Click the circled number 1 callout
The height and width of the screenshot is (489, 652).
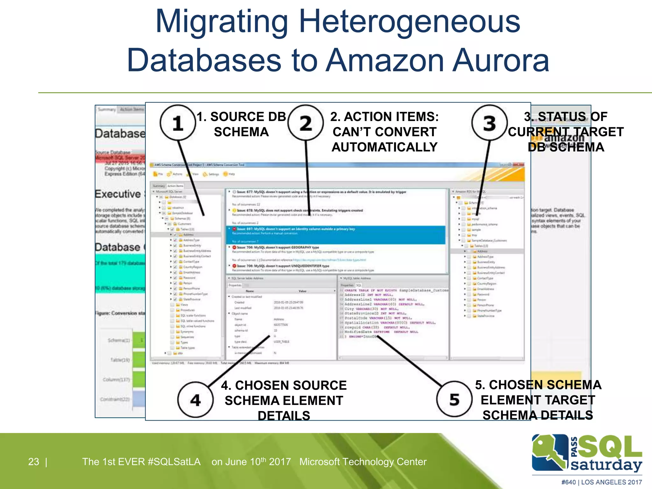pos(178,123)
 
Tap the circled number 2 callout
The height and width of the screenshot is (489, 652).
pos(305,123)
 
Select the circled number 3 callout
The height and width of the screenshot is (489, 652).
pos(489,123)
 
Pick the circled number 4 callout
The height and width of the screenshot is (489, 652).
pos(195,400)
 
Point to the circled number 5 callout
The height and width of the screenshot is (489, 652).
pos(454,399)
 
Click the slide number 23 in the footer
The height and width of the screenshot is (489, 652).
pos(33,462)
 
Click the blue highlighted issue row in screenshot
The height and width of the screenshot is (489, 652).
pos(336,235)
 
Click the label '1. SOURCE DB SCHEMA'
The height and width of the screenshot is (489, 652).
pos(241,124)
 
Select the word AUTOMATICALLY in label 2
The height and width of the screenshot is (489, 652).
pos(385,147)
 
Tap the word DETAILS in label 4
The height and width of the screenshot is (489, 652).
pos(284,415)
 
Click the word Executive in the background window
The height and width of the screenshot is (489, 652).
pos(118,194)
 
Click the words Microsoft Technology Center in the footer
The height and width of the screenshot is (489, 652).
pos(363,462)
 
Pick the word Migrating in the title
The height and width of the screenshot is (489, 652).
pos(222,22)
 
